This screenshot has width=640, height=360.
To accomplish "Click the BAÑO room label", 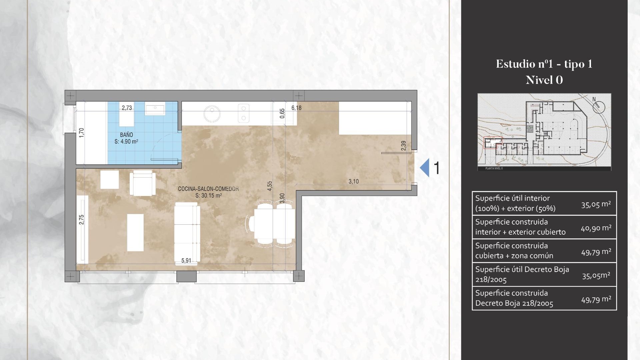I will (126, 135).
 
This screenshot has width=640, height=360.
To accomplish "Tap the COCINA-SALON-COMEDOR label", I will (208, 189).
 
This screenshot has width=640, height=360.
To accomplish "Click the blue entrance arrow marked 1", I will (425, 168).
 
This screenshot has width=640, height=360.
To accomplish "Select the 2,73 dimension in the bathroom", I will (127, 108).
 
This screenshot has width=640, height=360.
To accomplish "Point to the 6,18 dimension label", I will (296, 108).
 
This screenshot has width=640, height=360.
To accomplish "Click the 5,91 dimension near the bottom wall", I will (186, 260).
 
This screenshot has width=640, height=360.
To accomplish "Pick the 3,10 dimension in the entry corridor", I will (353, 181).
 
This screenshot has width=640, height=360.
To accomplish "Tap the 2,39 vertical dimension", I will (404, 146).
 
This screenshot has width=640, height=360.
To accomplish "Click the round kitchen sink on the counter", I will (212, 114).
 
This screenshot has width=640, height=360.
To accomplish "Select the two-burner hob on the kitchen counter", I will (244, 113).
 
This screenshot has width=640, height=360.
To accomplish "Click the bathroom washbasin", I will (155, 110).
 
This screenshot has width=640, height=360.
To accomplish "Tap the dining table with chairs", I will (274, 223).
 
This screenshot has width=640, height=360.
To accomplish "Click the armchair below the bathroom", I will (143, 183).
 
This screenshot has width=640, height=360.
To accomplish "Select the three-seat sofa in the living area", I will (187, 232).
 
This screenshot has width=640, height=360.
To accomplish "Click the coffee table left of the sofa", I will (135, 232).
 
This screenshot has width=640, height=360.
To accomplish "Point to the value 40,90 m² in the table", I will (596, 228).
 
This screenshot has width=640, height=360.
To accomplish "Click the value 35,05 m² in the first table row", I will (596, 204).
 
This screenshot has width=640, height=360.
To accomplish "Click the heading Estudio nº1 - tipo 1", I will (544, 64).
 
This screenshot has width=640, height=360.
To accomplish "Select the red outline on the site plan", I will (493, 143).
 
